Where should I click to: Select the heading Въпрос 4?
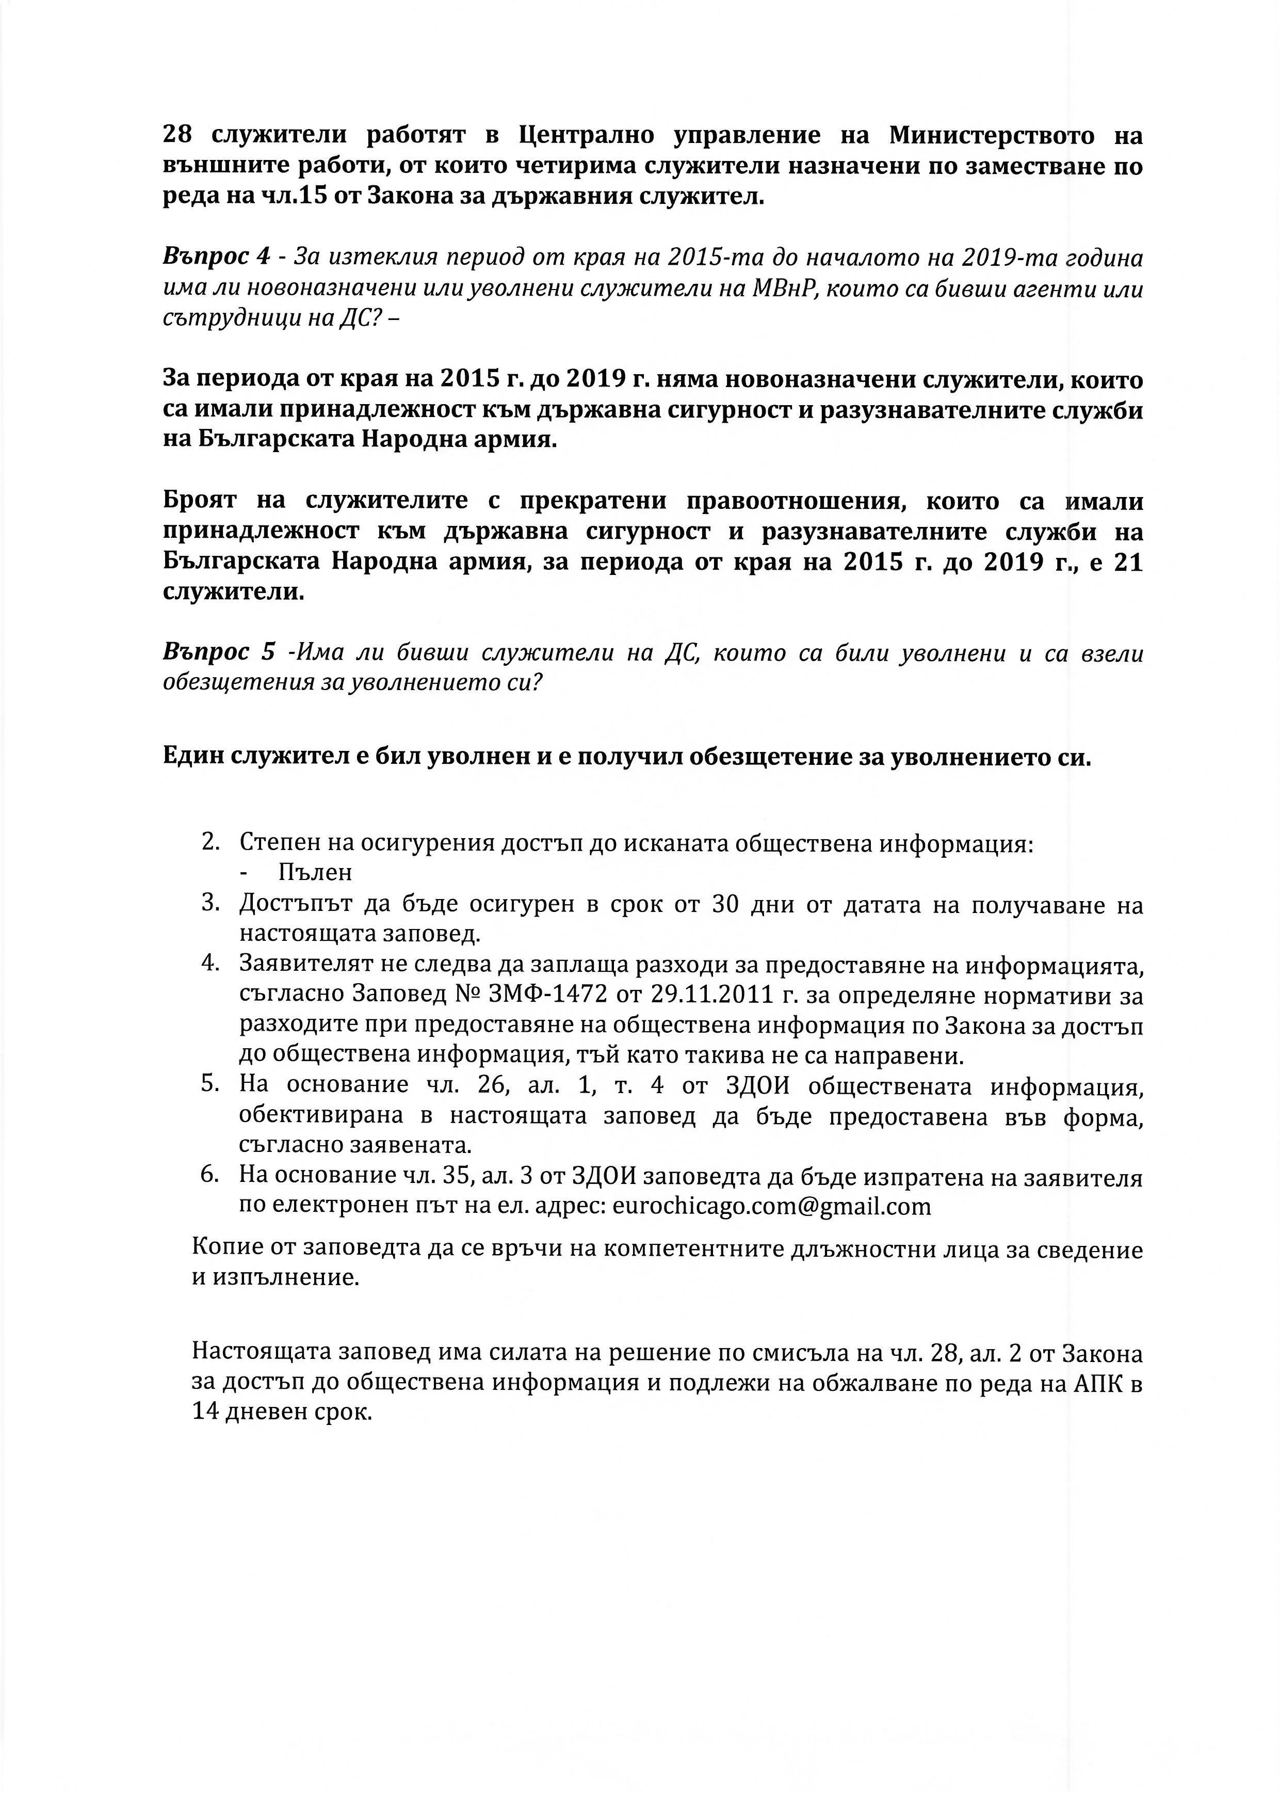(x=217, y=257)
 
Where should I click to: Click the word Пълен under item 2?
(x=315, y=873)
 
